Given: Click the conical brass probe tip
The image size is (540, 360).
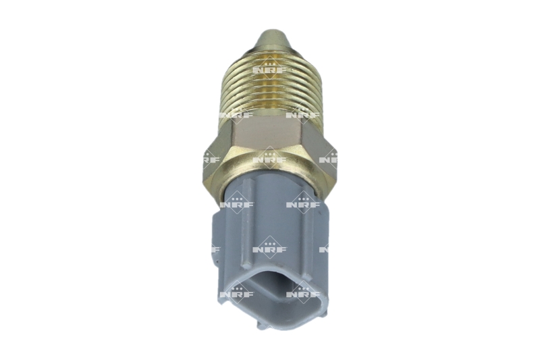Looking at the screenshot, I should pyautogui.click(x=269, y=39).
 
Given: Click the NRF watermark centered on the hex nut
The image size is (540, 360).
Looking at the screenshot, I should pyautogui.click(x=269, y=159).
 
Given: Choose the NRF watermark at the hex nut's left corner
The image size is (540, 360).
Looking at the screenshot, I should pyautogui.click(x=211, y=159).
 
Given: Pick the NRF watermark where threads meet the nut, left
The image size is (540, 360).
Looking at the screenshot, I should pyautogui.click(x=236, y=115).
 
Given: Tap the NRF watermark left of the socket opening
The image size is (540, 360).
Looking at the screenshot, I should pyautogui.click(x=236, y=293).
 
